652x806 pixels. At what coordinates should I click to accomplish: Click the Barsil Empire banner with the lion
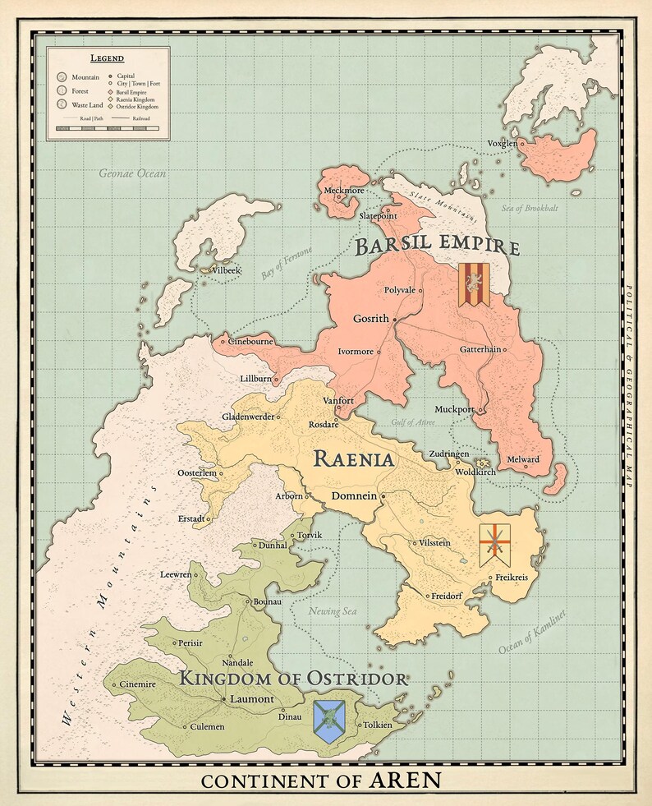tap(474, 285)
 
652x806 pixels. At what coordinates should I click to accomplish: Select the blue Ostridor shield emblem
tap(328, 721)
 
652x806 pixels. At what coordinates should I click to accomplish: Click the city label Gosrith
tap(370, 318)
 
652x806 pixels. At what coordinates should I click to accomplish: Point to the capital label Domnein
tap(354, 495)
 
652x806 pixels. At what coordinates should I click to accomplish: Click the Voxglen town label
tap(502, 143)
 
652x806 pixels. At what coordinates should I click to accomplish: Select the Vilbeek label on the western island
tap(227, 269)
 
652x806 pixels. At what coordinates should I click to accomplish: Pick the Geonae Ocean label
tap(132, 173)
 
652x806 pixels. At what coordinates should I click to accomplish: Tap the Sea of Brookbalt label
tap(530, 209)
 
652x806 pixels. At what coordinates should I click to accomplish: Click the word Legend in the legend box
tap(107, 58)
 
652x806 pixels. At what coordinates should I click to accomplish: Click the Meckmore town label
tap(343, 190)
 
